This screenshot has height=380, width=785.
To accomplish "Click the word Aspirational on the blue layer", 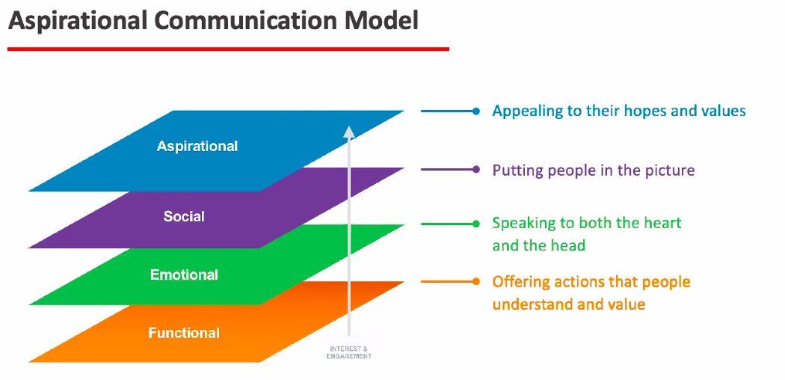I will point(197,146).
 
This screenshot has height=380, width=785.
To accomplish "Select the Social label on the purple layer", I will point(184,217).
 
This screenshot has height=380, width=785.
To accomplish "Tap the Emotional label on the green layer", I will point(184,275).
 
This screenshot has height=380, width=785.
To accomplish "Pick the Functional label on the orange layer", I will point(184,333).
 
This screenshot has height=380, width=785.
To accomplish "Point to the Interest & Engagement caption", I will point(348,352).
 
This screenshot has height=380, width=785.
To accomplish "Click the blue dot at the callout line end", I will point(476,111).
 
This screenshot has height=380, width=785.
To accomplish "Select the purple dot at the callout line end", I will point(476,170).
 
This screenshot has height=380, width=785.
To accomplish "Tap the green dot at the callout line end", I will point(476,224).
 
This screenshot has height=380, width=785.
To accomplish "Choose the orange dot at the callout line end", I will point(476,282).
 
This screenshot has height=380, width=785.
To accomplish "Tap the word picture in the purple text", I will point(667,171).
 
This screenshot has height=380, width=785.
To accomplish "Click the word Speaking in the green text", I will point(522,224).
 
